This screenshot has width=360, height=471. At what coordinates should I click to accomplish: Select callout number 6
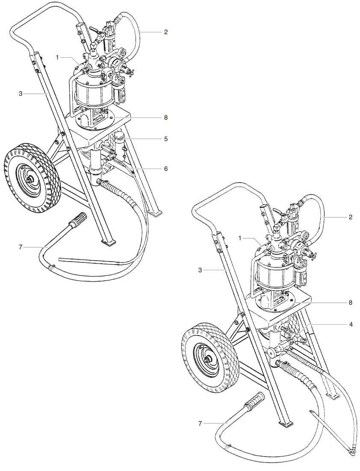pos(165,169)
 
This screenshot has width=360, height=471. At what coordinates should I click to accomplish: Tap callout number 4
pos(351,324)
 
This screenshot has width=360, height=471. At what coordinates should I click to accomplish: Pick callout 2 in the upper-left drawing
pos(165,32)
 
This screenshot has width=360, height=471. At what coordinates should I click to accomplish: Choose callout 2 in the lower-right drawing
pos(351,217)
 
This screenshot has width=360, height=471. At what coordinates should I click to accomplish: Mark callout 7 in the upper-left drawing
pos(20,247)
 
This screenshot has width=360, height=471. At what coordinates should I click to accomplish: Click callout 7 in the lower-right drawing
pos(200,423)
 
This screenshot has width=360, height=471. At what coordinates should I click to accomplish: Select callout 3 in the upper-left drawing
pos(20,93)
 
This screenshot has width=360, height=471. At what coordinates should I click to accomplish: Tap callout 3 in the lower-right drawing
pos(200,270)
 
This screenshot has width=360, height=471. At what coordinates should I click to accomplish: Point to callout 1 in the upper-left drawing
pos(57,56)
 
